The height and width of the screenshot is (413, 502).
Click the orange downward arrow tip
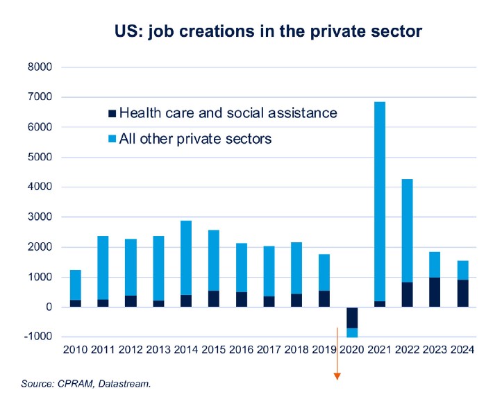337,377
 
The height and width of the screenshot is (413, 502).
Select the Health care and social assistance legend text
228,112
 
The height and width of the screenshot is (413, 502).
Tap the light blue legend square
111,139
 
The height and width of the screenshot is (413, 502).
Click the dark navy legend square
111,112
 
